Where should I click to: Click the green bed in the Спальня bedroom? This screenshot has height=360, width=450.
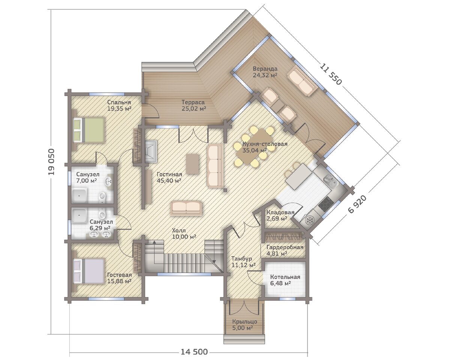(x=88, y=130)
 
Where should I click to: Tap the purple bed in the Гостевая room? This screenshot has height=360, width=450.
(x=88, y=271)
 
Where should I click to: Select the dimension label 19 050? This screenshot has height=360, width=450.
(x=51, y=162)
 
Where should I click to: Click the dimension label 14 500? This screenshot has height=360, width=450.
(x=194, y=352)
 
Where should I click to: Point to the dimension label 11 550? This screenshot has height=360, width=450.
(x=331, y=74)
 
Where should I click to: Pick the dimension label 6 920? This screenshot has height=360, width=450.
(x=358, y=204)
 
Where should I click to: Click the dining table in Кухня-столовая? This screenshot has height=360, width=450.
(x=254, y=147)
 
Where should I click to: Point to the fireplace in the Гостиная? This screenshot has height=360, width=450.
(x=151, y=151)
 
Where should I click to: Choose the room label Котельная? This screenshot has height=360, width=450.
(x=285, y=277)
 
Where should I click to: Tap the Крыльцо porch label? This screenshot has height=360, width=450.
(x=244, y=321)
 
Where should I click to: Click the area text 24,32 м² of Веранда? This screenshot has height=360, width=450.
(x=265, y=75)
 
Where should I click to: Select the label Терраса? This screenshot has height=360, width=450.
(x=193, y=102)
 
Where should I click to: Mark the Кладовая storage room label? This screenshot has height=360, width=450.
(x=280, y=212)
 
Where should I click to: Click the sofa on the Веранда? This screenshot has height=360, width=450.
(x=302, y=81)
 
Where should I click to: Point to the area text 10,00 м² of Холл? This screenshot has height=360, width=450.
(x=184, y=237)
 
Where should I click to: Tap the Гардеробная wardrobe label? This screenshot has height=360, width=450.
(x=285, y=247)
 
